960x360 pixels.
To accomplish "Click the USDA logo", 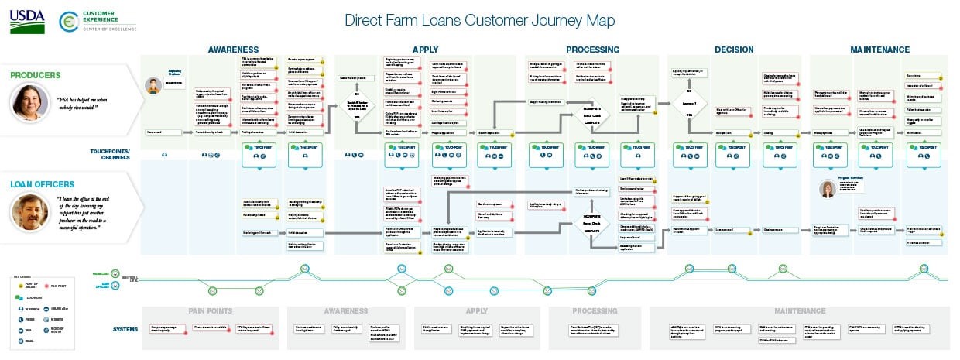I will tap(27, 22).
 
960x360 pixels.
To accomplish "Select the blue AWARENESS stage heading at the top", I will tap(232, 50).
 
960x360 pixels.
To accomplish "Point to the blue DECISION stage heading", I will tap(734, 50).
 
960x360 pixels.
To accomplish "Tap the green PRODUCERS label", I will tap(36, 75).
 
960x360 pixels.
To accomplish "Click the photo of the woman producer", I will tap(29, 101).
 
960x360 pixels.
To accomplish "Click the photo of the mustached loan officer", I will tap(29, 211).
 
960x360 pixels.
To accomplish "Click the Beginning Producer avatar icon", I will tap(155, 83).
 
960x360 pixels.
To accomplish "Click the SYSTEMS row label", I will tap(125, 329).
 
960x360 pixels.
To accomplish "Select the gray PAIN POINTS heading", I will tap(211, 311).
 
